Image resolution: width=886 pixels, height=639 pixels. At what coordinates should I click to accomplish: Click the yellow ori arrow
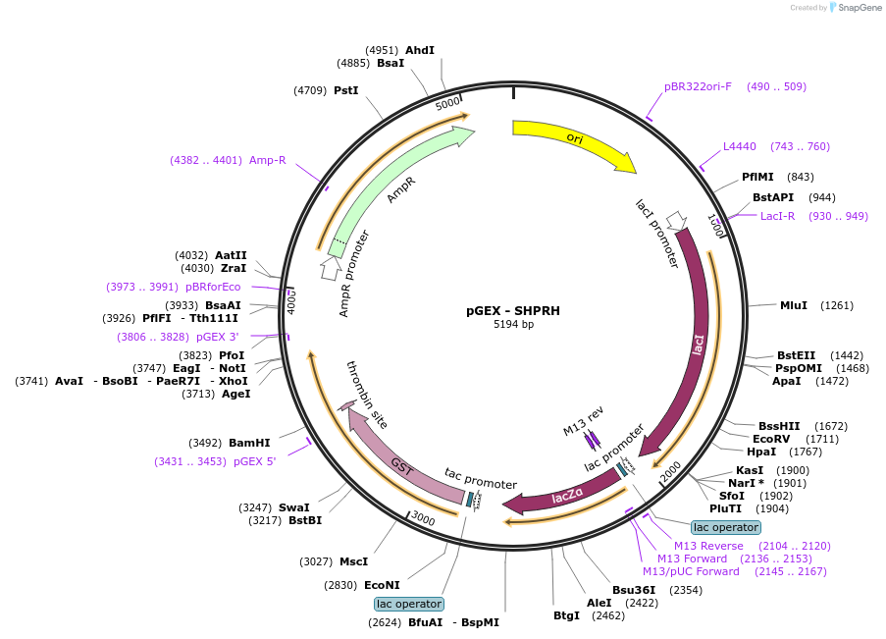(x=576, y=140)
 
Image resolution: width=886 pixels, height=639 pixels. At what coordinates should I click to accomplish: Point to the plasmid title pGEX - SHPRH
(x=513, y=310)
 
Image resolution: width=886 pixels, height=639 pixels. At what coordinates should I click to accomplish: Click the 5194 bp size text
(x=513, y=324)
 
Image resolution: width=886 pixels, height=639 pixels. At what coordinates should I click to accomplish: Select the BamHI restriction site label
(x=249, y=443)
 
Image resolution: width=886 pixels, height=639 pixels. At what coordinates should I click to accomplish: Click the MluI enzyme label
(x=794, y=305)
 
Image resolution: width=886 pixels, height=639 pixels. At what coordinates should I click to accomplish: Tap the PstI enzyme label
(x=345, y=90)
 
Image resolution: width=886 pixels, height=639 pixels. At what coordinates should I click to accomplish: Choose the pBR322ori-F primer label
(x=698, y=86)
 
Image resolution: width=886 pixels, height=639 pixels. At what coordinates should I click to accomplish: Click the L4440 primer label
(x=740, y=146)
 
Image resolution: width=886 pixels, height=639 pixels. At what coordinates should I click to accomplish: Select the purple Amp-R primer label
(x=267, y=160)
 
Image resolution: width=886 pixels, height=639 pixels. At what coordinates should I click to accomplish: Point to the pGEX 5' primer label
(x=254, y=461)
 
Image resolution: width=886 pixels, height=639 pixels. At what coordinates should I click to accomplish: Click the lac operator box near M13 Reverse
(x=726, y=528)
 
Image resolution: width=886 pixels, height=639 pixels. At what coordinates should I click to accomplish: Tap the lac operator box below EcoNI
(x=409, y=604)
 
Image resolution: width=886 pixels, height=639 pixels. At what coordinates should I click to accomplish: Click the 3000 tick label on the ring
(x=423, y=517)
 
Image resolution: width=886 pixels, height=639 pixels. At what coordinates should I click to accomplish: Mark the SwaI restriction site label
(x=293, y=507)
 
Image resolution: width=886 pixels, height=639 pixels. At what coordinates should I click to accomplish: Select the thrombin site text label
(x=367, y=395)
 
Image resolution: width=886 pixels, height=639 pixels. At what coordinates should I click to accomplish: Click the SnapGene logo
(x=855, y=7)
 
